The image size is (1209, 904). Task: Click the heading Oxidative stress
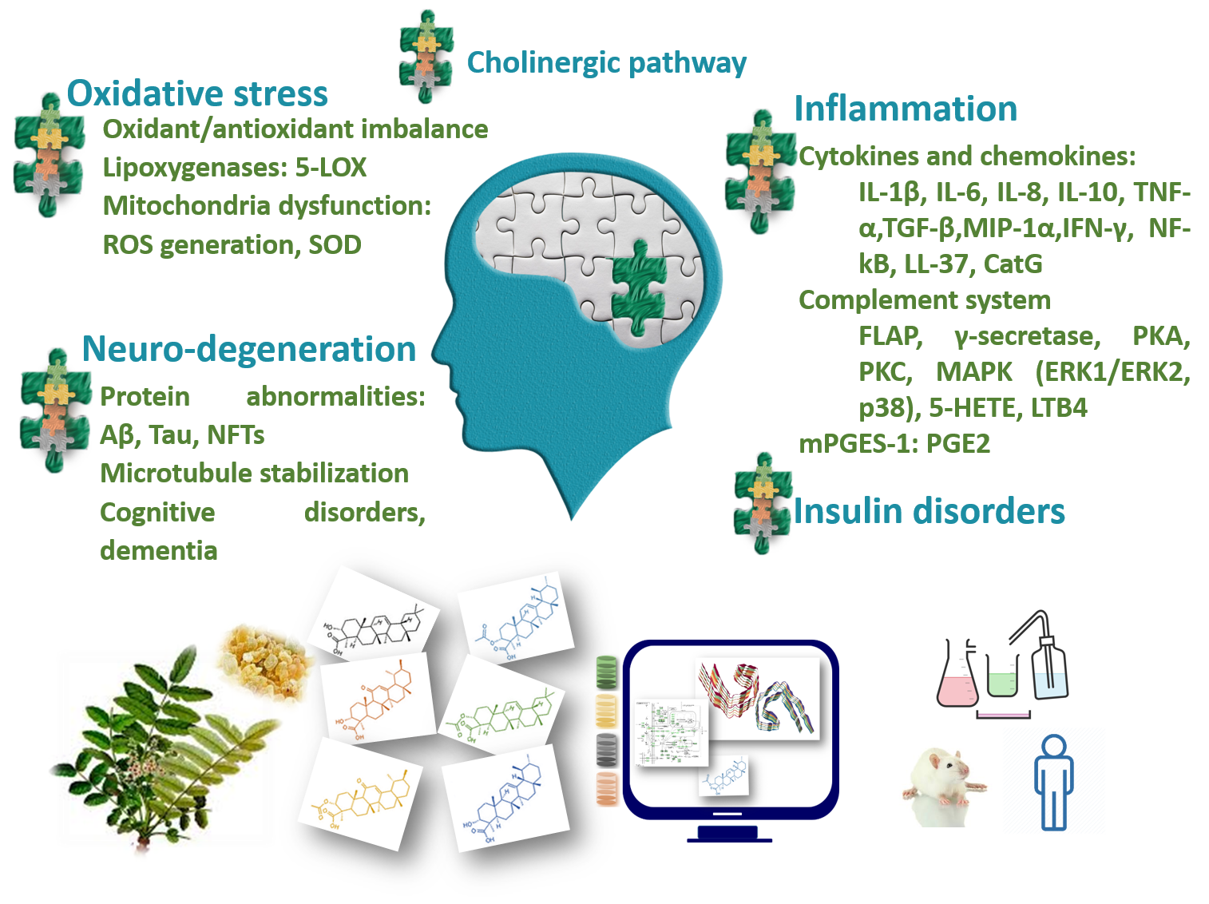click(x=197, y=93)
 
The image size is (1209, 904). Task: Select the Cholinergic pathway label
click(x=606, y=62)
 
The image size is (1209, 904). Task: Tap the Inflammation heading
click(x=906, y=109)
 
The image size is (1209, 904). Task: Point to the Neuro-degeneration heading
click(x=249, y=349)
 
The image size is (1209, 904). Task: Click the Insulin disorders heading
click(x=929, y=511)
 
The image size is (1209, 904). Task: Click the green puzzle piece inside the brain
click(x=638, y=287)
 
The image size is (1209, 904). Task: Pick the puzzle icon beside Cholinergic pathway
click(x=426, y=56)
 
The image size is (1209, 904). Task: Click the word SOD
click(x=335, y=244)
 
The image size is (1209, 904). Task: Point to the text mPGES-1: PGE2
click(x=894, y=443)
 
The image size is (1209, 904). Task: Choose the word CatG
click(x=1013, y=264)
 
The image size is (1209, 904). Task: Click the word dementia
click(x=159, y=550)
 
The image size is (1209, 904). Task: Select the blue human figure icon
click(x=1053, y=783)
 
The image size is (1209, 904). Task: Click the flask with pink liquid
click(x=957, y=679)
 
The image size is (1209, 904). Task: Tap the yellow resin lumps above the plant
click(x=264, y=659)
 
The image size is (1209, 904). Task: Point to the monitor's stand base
click(x=729, y=835)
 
